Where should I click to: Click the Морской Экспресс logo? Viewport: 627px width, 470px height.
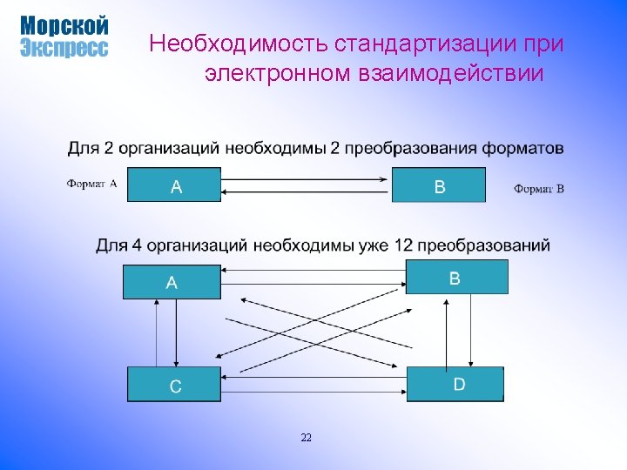tap(64, 37)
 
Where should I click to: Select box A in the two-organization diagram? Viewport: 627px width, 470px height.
tap(174, 185)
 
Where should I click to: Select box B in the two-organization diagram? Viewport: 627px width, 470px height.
tap(438, 185)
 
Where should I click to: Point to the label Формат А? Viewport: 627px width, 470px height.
tap(91, 184)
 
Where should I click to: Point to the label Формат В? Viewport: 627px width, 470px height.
tap(538, 188)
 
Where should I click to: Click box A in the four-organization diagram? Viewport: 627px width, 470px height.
tap(172, 282)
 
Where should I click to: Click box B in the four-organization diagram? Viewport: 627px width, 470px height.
tap(456, 278)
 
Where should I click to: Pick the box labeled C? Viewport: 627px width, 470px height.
tap(174, 384)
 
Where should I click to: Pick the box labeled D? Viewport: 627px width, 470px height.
tap(455, 384)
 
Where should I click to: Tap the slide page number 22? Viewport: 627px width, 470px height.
tap(306, 437)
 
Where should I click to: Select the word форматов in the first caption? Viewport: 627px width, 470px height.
tap(520, 148)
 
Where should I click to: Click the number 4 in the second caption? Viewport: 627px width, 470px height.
tap(135, 245)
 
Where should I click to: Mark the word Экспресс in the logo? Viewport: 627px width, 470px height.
tap(64, 48)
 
